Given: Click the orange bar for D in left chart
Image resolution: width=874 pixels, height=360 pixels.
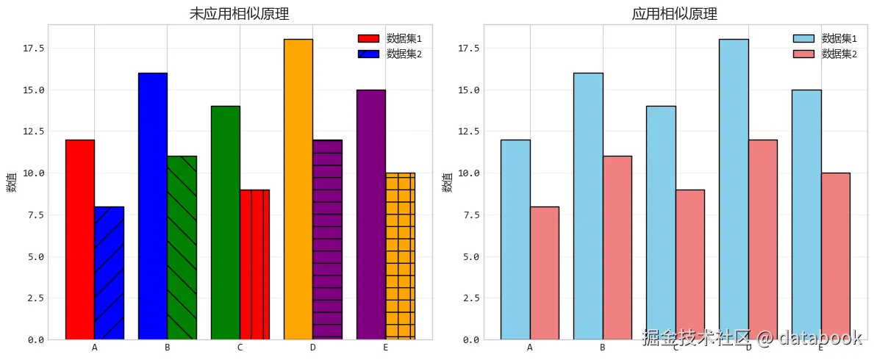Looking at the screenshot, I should click(x=298, y=189).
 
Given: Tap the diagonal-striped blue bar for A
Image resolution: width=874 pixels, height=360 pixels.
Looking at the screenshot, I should click(x=109, y=273).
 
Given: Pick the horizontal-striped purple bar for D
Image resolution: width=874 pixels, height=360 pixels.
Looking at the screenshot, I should click(x=327, y=240).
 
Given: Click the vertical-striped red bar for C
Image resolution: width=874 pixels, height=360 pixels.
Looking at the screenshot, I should click(x=254, y=264).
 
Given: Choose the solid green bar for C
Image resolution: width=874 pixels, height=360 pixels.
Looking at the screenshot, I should click(x=225, y=223).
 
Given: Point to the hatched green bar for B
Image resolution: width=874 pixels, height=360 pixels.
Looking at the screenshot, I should click(x=182, y=248).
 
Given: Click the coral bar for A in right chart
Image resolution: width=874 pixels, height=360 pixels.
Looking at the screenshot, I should click(x=544, y=273).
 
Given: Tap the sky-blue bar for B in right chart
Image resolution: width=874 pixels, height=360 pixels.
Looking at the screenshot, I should click(x=588, y=206).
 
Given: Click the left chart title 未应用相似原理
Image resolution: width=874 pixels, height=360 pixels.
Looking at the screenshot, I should click(x=240, y=14).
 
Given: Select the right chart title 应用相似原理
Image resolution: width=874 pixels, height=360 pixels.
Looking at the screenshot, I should click(x=675, y=14).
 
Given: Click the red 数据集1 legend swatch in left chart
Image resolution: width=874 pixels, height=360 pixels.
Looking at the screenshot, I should click(x=369, y=38).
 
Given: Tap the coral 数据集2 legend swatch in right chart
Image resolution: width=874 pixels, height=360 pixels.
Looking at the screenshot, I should click(x=803, y=54).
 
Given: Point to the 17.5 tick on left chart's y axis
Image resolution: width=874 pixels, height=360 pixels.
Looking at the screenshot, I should click(x=34, y=48).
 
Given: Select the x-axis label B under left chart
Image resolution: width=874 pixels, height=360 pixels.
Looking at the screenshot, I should click(x=167, y=348).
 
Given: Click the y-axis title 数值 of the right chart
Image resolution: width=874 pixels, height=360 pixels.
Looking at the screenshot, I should click(x=447, y=183).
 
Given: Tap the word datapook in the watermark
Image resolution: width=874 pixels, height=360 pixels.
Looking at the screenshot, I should click(x=820, y=338).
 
